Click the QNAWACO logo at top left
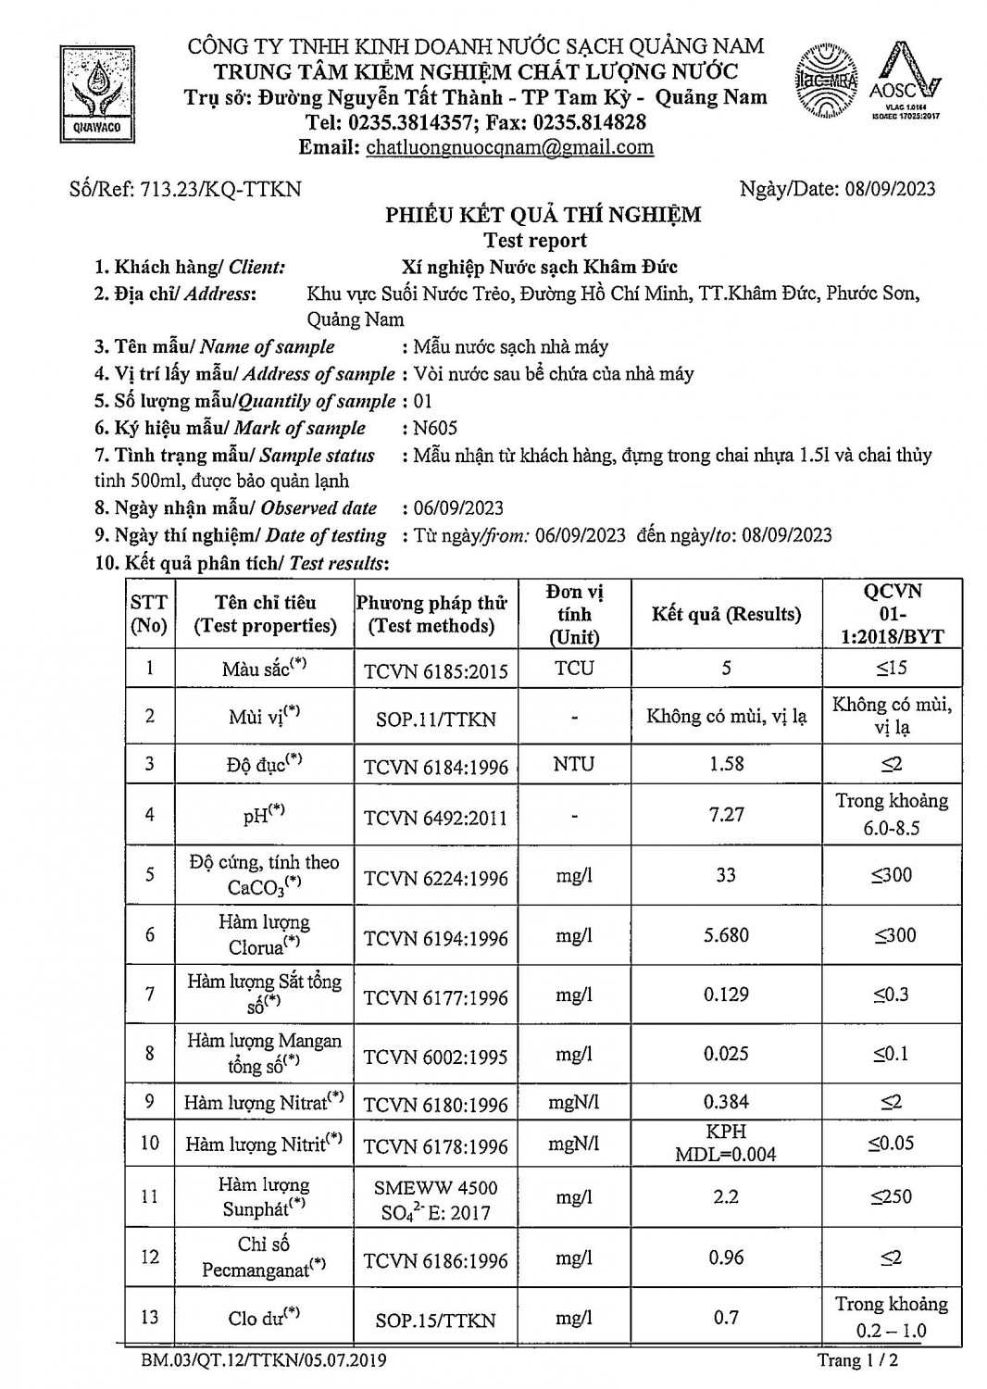97,93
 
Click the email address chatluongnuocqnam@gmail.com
509,147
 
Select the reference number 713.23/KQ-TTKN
220,189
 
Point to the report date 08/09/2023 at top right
890,189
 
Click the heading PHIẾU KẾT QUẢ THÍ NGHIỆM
543,215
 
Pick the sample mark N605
435,428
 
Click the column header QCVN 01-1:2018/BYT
892,614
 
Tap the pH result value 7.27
726,815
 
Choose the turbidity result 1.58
726,764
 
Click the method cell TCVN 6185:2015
435,670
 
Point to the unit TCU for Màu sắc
574,669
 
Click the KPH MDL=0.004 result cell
726,1143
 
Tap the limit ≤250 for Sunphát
892,1196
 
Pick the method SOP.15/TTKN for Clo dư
435,1320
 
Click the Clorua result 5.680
726,935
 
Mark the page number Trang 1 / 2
857,1360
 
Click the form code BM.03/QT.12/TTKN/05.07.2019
265,1360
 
